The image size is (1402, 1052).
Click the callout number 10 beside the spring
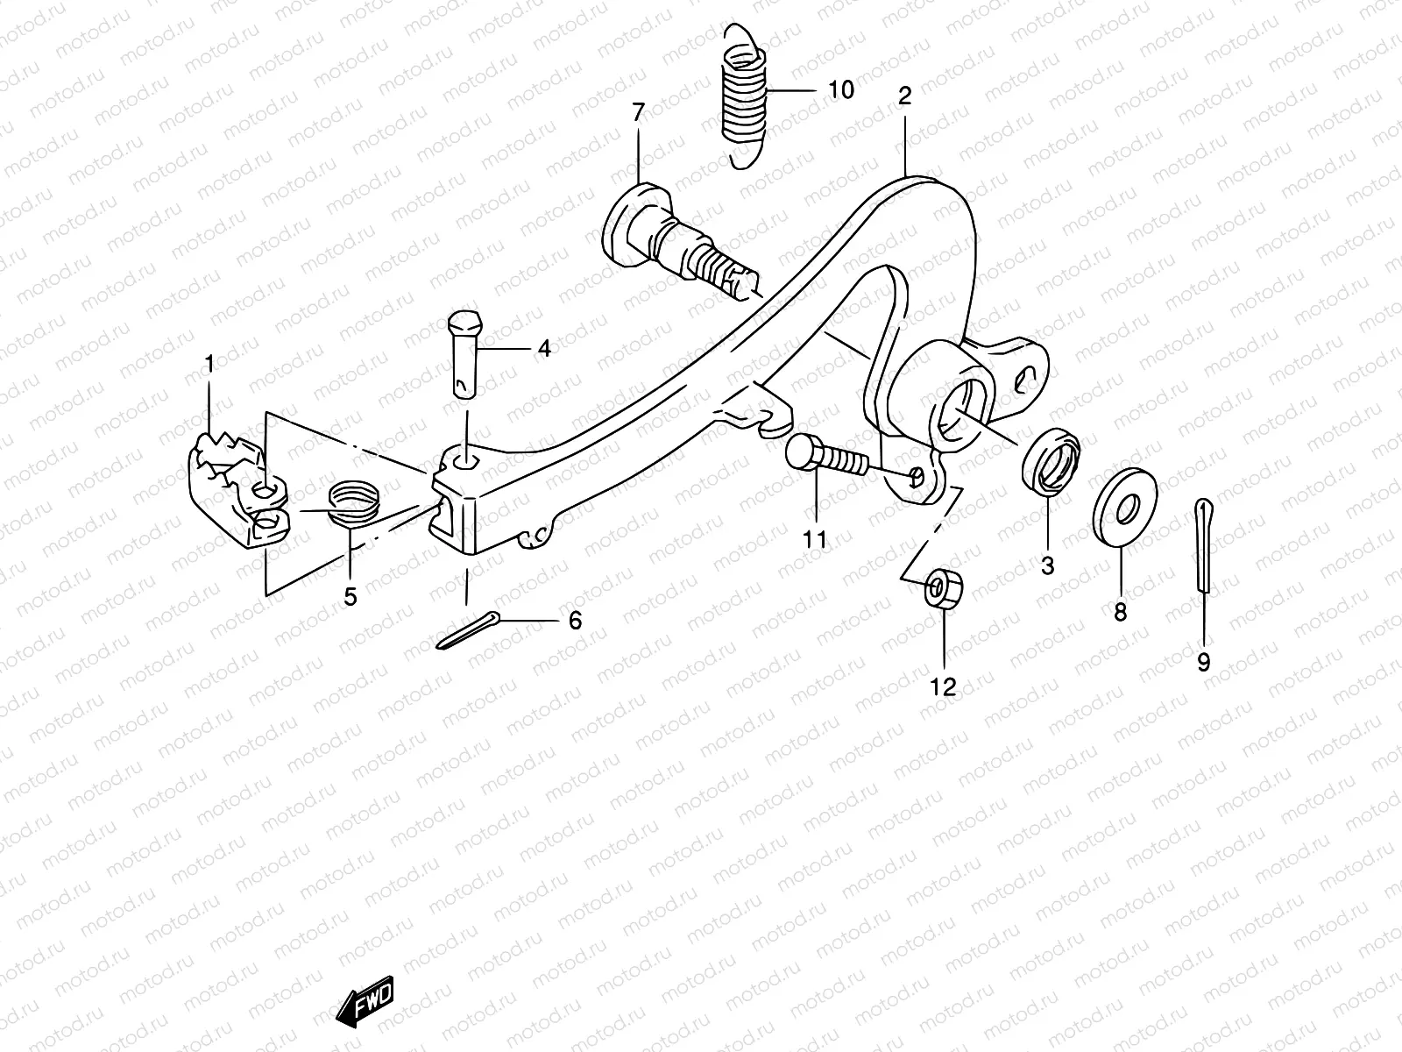839,89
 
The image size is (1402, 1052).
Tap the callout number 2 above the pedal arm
904,96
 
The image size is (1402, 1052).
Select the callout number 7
638,111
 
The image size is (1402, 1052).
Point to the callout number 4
544,349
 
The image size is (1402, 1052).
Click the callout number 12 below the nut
944,687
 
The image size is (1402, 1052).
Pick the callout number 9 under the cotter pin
1204,662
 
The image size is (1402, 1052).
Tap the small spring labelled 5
357,504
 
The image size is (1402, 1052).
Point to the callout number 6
575,621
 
